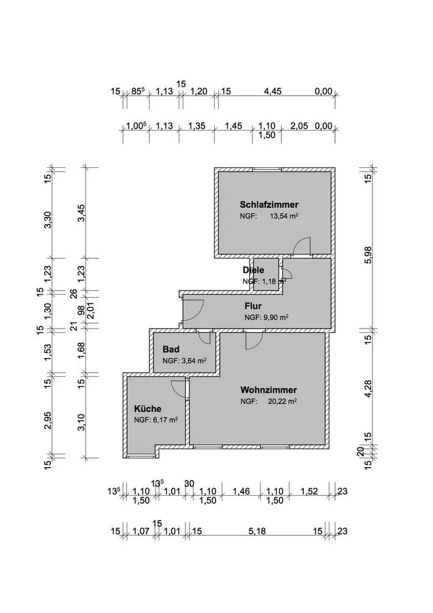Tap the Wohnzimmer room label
pos(269,390)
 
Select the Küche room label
pos(148,408)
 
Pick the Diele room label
pos(253,270)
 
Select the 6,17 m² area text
pos(164,421)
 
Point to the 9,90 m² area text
pos(274,318)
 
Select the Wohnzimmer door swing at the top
pos(253,341)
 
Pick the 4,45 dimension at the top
pos(273,92)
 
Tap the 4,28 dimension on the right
pos(367,389)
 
